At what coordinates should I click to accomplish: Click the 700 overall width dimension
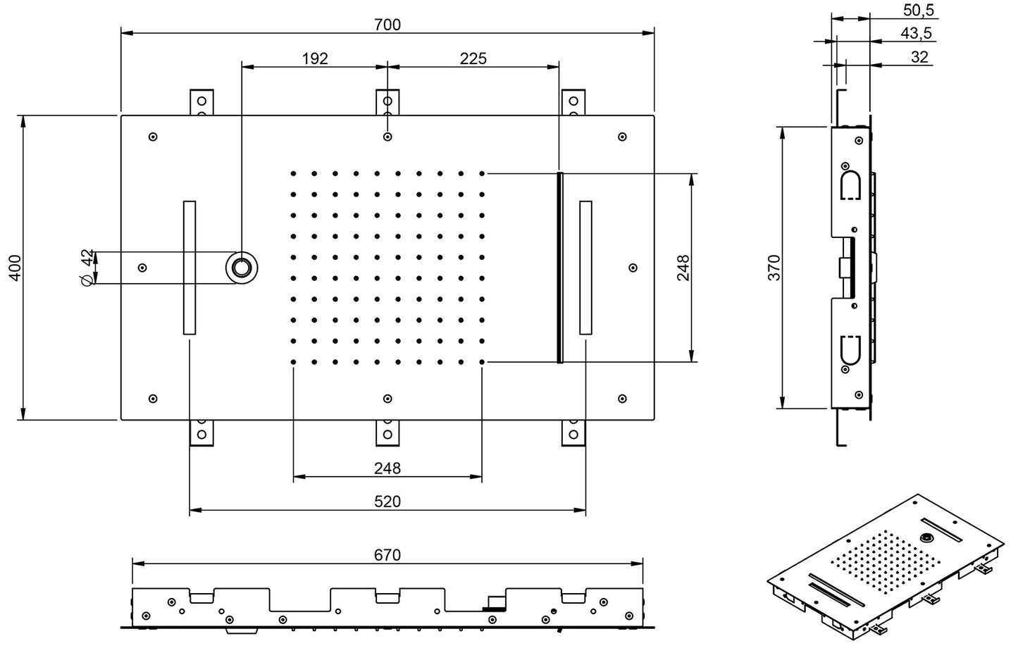tap(387, 25)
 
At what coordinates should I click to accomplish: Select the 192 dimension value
tap(315, 58)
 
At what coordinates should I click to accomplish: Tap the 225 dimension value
tap(473, 58)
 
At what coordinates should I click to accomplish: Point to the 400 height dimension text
tap(15, 268)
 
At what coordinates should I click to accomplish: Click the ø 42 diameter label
tap(87, 268)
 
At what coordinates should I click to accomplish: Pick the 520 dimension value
tap(387, 501)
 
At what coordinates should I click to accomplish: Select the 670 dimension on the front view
tap(387, 555)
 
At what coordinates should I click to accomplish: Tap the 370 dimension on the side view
tap(774, 268)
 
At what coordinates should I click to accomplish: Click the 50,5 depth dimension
tap(918, 10)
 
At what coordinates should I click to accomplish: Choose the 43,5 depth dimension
tap(916, 33)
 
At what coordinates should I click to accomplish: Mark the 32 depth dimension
tap(919, 57)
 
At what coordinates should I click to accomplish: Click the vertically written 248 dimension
tap(683, 268)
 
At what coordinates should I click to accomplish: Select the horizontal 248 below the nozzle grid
tap(387, 468)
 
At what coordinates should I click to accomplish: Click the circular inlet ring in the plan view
tap(242, 268)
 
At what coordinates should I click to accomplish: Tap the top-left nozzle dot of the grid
tap(293, 173)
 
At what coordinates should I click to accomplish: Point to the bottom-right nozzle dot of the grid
tap(482, 362)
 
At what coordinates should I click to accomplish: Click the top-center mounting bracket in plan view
tap(387, 101)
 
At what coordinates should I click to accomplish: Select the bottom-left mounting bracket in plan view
tap(201, 432)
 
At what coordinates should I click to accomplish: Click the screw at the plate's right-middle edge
tap(633, 268)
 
